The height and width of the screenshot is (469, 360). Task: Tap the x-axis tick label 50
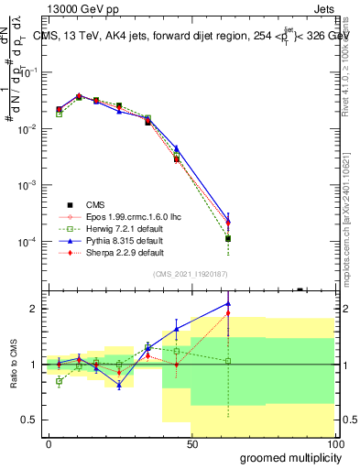(x=191, y=444)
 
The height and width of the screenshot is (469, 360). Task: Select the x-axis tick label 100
(x=333, y=444)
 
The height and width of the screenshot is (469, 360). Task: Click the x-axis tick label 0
(x=49, y=444)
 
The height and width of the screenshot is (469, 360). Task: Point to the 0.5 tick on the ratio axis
(x=31, y=420)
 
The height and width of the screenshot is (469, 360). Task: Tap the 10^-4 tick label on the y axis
(x=27, y=242)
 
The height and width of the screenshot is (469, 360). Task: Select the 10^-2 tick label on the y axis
(x=27, y=129)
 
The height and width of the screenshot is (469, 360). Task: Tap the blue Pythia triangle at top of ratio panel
(x=228, y=303)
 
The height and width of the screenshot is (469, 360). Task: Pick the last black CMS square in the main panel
(x=228, y=238)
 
